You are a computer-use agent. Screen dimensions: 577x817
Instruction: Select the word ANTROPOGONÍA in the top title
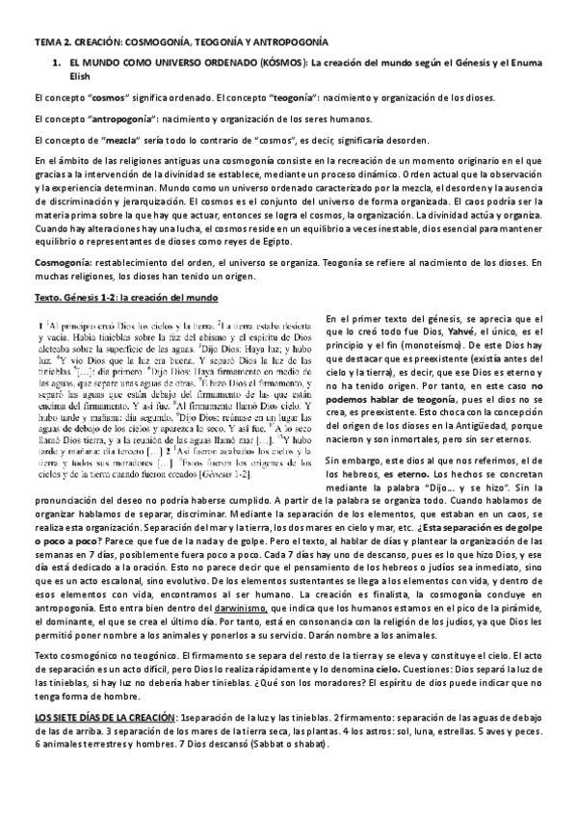point(285,43)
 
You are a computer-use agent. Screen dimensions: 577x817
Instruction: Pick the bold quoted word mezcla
point(106,141)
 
